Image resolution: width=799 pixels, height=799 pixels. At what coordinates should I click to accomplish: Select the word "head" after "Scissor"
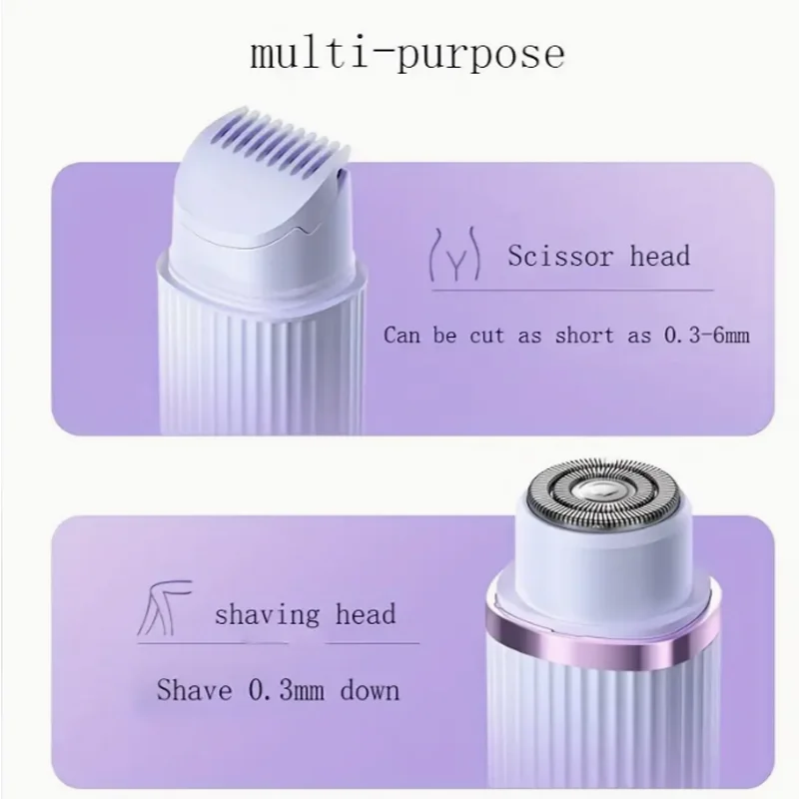pyautogui.click(x=659, y=257)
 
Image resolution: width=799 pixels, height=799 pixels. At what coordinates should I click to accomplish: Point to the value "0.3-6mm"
pyautogui.click(x=707, y=335)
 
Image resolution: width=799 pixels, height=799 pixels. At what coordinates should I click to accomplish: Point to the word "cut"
pyautogui.click(x=493, y=335)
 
